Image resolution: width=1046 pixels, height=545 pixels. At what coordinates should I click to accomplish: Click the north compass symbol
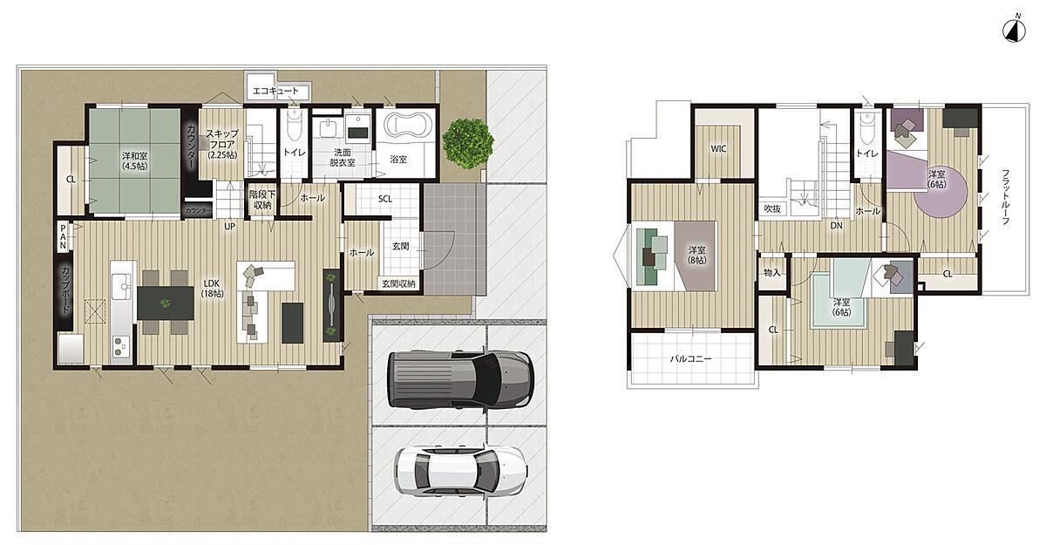pyautogui.click(x=1014, y=30)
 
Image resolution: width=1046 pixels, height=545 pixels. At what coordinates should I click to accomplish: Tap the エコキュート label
pyautogui.click(x=275, y=91)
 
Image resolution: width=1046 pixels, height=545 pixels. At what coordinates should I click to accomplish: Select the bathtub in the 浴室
pyautogui.click(x=408, y=124)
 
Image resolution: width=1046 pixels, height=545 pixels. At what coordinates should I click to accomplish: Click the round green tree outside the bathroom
pyautogui.click(x=468, y=143)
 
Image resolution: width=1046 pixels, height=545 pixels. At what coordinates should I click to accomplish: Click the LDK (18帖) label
pyautogui.click(x=212, y=289)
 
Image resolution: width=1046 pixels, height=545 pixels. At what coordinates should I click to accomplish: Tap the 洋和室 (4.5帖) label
pyautogui.click(x=134, y=160)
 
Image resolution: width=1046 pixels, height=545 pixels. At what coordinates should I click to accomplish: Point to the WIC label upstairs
pyautogui.click(x=718, y=149)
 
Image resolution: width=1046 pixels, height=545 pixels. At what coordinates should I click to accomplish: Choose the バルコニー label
pyautogui.click(x=690, y=358)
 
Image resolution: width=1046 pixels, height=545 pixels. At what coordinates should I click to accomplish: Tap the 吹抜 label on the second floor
pyautogui.click(x=772, y=208)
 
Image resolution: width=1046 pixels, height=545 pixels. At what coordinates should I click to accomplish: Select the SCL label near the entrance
pyautogui.click(x=385, y=199)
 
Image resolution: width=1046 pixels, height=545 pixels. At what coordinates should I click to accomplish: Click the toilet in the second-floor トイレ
pyautogui.click(x=867, y=128)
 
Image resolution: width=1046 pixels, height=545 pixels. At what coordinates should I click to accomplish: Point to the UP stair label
pyautogui.click(x=229, y=227)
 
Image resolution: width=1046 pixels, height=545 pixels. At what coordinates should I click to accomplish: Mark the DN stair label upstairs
pyautogui.click(x=836, y=226)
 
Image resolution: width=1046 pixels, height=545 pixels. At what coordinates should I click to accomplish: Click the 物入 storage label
pyautogui.click(x=772, y=272)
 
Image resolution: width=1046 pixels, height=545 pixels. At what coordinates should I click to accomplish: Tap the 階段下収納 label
pyautogui.click(x=262, y=200)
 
